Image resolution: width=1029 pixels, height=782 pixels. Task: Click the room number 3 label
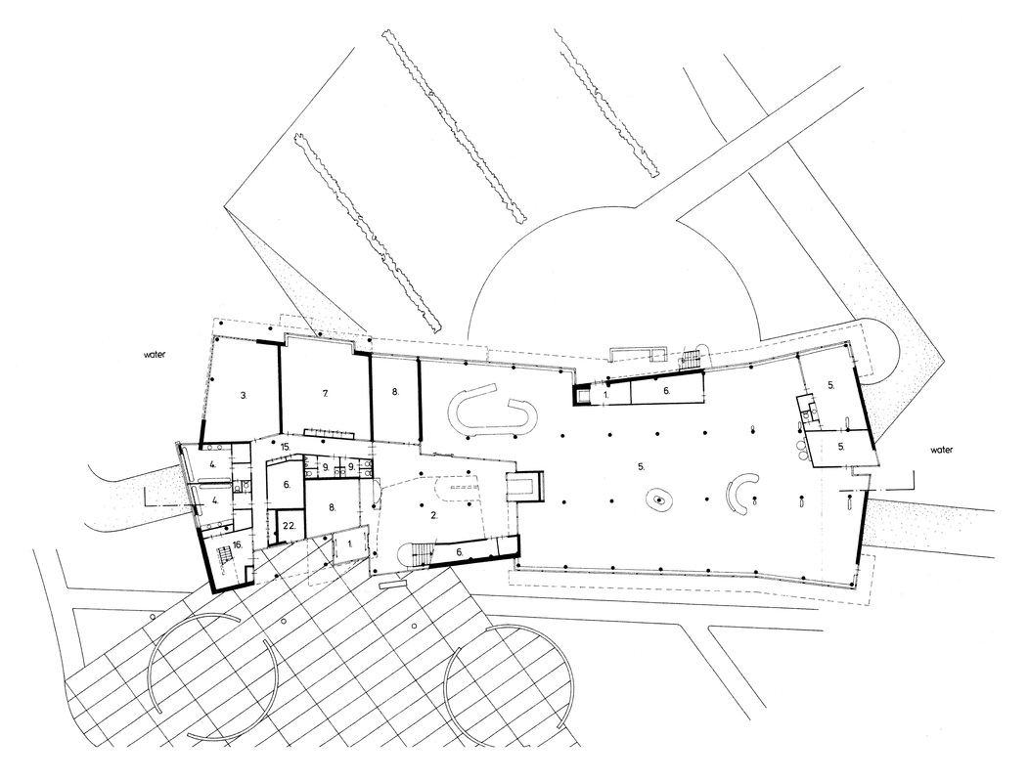click(x=244, y=395)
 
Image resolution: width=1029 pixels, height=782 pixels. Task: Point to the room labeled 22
click(x=290, y=526)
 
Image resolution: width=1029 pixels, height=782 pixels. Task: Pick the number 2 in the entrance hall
click(x=433, y=515)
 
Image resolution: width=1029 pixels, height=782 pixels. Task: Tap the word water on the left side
click(x=155, y=354)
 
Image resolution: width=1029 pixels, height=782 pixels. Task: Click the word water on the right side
click(x=941, y=450)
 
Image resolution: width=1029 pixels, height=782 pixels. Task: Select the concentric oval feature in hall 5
click(x=658, y=500)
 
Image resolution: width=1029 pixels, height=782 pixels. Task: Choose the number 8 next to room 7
click(x=395, y=392)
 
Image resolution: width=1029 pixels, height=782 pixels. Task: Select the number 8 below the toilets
click(x=332, y=506)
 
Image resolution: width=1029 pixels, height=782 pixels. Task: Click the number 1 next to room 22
click(x=350, y=543)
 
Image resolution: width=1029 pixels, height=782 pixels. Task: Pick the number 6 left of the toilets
click(x=287, y=485)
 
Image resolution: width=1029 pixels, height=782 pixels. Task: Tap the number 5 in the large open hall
click(x=641, y=466)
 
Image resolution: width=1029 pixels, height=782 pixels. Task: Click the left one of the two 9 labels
click(x=325, y=467)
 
